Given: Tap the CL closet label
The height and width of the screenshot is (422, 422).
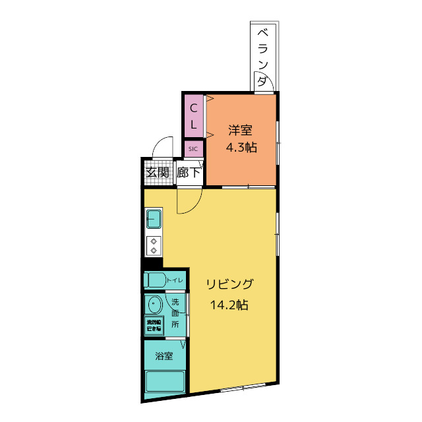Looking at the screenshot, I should click(x=194, y=115).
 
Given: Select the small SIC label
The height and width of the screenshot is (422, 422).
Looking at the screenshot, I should click(x=193, y=149).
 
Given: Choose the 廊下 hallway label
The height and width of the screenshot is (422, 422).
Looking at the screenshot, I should click(x=189, y=173).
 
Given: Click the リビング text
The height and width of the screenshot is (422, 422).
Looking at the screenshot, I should click(x=229, y=284).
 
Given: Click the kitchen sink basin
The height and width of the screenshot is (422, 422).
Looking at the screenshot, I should click(x=154, y=218).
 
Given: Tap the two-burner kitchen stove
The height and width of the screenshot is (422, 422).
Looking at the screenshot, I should click(x=154, y=245).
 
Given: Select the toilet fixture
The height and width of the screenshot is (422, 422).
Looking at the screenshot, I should click(x=156, y=280).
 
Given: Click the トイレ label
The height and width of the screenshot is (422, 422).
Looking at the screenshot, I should click(x=175, y=281).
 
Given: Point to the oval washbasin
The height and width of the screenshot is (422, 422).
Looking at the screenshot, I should click(x=155, y=306).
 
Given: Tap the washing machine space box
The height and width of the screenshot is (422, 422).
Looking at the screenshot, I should click(x=155, y=326).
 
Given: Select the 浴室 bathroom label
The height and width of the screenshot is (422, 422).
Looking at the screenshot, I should click(x=164, y=357).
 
